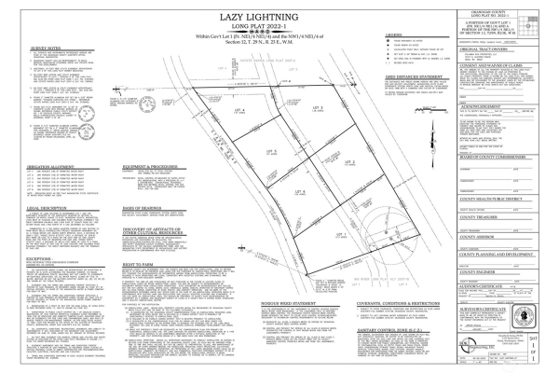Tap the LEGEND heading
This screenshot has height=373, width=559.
tap(392, 35)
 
